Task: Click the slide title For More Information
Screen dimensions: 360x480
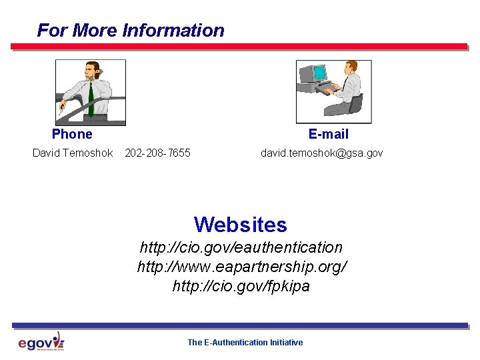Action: point(131,31)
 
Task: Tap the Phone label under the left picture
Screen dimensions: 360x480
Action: point(72,134)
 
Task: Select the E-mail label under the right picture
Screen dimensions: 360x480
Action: point(328,134)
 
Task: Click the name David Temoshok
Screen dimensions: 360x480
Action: point(73,153)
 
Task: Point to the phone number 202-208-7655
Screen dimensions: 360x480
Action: point(157,153)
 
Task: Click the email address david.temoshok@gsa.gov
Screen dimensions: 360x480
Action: point(321,153)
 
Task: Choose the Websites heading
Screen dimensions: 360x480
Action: point(240,224)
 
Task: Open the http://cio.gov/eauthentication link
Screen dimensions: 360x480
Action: point(241,247)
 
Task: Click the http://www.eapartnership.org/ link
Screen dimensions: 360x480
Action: point(241,267)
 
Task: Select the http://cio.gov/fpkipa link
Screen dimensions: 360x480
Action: point(241,287)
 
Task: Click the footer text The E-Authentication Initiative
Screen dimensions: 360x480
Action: point(245,343)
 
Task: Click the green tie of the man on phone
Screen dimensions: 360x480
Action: point(91,100)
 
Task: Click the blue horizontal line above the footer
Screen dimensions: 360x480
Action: point(240,325)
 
